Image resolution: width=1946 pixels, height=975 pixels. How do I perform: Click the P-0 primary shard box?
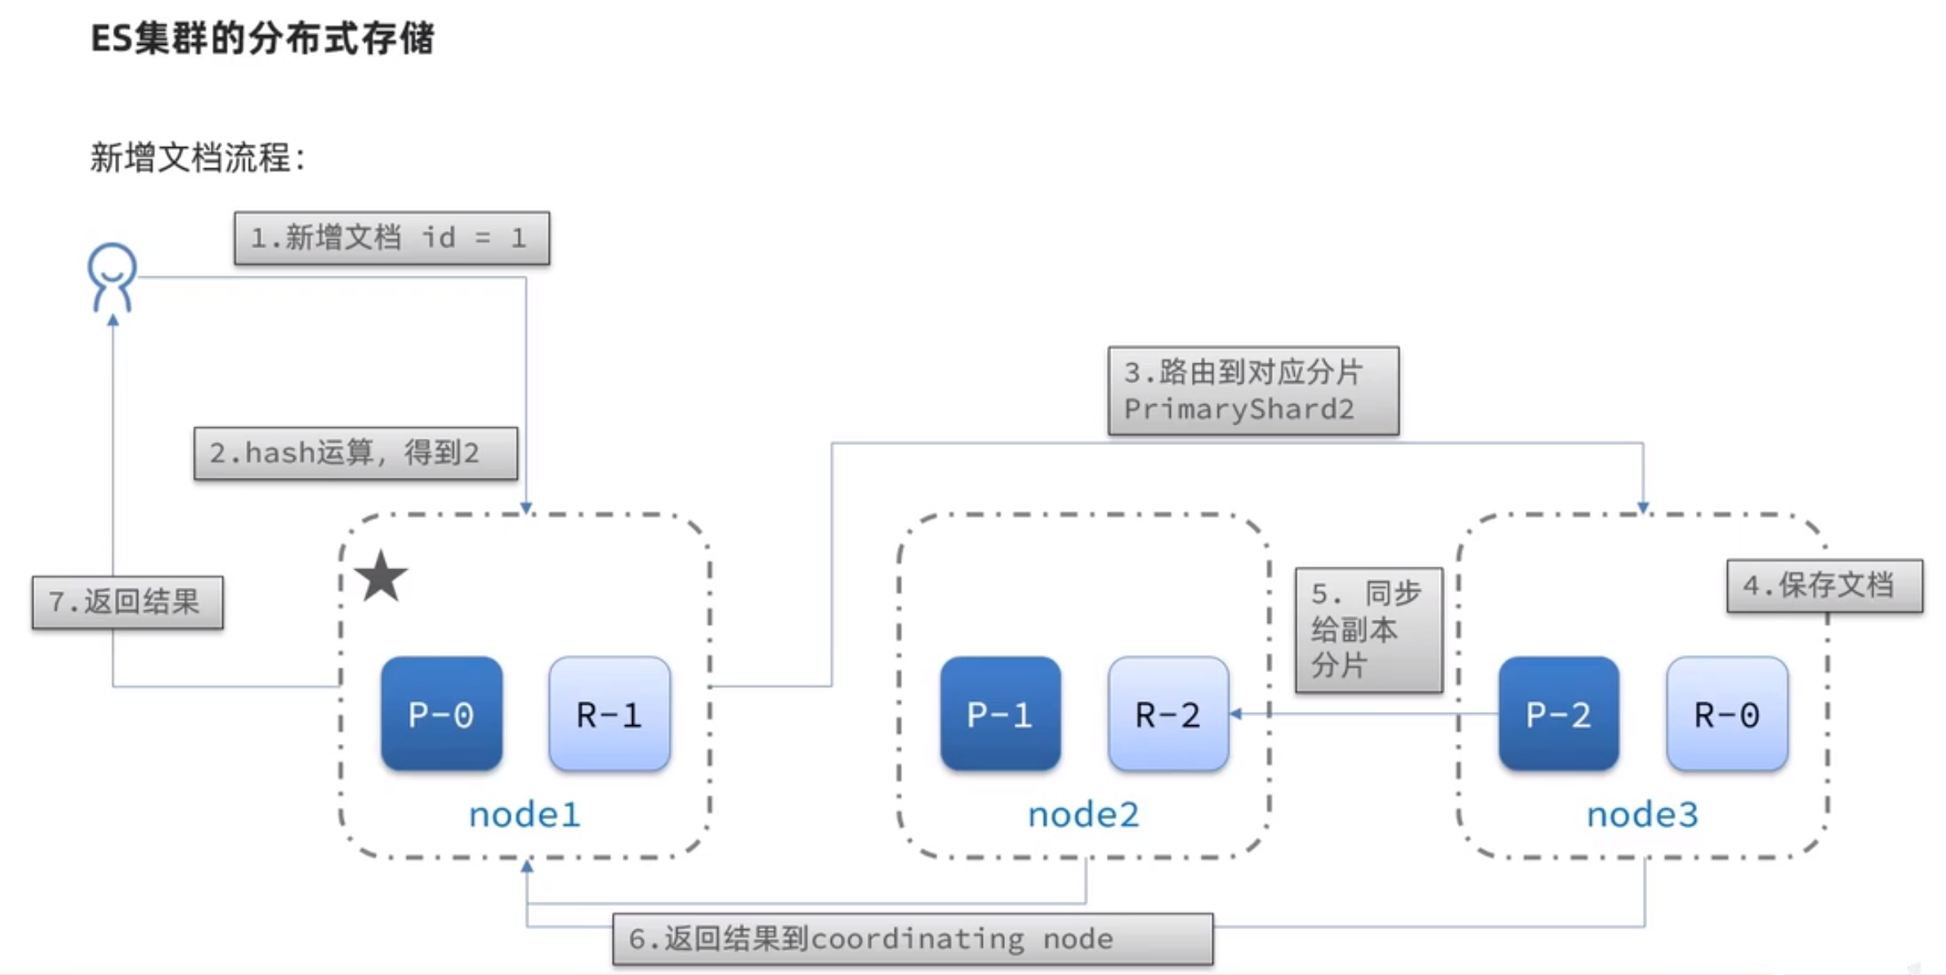[441, 714]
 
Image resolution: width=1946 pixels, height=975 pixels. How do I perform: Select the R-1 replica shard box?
[609, 714]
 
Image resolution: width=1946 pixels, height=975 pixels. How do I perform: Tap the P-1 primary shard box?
[1000, 714]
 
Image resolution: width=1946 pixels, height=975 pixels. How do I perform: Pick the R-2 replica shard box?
[1168, 714]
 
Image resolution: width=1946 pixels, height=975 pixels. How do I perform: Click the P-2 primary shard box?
[1558, 714]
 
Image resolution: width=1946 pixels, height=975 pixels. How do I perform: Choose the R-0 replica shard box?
[1727, 714]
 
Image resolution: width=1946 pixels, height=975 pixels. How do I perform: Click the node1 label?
[524, 814]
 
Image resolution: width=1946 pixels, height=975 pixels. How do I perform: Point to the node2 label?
[1083, 814]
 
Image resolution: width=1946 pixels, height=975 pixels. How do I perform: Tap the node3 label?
[1642, 814]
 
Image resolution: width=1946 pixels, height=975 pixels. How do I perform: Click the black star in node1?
[381, 577]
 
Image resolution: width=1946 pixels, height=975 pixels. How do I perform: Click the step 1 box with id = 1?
[391, 238]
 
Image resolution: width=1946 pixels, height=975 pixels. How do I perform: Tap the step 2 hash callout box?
[355, 452]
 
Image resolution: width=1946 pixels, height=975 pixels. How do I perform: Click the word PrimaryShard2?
[1239, 409]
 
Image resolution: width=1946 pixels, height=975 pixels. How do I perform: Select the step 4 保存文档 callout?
[1824, 585]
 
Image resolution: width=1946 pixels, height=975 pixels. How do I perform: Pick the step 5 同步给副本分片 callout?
[1368, 630]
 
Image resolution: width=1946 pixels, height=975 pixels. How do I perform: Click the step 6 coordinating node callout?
[913, 939]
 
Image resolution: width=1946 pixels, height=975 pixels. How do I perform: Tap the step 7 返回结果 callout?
[127, 602]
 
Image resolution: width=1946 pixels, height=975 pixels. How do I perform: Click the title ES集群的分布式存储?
[262, 38]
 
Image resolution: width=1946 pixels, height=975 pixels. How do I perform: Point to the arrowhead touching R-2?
[1236, 714]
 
